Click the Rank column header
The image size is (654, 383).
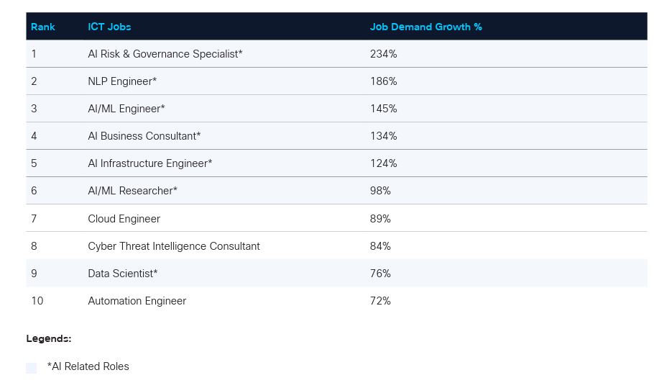coord(43,27)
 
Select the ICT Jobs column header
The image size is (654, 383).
coord(109,27)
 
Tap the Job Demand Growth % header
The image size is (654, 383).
coord(425,27)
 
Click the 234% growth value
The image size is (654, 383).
coord(383,54)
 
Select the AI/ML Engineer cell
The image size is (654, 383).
coord(126,109)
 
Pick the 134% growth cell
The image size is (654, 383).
coord(383,136)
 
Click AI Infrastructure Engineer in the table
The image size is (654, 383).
coord(149,163)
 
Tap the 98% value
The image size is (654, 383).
coord(380,191)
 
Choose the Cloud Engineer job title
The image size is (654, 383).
coord(124,219)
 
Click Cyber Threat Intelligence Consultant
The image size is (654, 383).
coord(173,246)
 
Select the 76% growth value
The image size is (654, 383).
coord(380,274)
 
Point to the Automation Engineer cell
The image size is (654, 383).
coord(137,301)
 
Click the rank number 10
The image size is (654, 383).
coord(37,301)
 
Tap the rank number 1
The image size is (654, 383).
coord(34,54)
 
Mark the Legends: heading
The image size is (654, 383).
coord(49,338)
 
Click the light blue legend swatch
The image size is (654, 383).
coord(31,368)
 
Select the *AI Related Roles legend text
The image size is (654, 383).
coord(88,366)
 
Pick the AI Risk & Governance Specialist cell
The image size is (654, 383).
coord(165,54)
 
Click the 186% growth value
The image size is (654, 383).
coord(383,81)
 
